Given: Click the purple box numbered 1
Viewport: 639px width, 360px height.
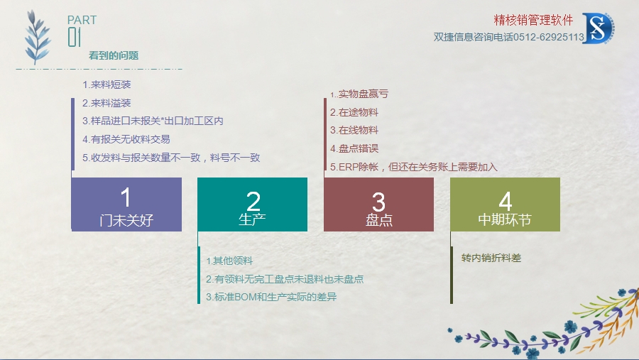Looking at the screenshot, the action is point(126,204).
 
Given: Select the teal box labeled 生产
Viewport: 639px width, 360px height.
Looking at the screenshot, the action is point(252,204).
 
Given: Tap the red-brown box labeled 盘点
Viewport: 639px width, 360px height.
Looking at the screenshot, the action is point(378,204).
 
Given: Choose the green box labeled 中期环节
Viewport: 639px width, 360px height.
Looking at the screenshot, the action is point(505,204).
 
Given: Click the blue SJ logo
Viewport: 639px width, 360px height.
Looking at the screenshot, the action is point(599,28).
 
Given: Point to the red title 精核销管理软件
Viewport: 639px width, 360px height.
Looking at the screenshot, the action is point(533,20).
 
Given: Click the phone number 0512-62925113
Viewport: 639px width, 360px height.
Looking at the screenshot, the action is point(549,37).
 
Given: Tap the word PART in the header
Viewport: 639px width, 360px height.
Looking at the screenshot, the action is point(82,20).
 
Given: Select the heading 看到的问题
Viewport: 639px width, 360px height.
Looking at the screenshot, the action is point(114,55).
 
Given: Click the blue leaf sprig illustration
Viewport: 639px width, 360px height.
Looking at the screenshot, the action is point(37,37).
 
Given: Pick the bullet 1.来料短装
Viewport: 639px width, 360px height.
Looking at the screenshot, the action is point(106,84).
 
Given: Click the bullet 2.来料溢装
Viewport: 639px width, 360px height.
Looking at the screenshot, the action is point(106,103).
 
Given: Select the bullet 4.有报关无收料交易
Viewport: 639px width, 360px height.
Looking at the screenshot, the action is point(126,139).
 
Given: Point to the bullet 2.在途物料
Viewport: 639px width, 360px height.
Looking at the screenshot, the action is point(354,112).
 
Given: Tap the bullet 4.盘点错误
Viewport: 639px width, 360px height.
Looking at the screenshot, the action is point(354,148).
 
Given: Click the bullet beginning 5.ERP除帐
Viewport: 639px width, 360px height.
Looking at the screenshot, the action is point(414,167).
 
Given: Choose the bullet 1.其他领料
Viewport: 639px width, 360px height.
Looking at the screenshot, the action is point(229,261).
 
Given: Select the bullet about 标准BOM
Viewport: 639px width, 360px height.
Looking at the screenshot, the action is point(271,297).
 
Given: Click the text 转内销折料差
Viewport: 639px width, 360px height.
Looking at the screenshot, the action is point(491,258).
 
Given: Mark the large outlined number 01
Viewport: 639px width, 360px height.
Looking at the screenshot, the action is point(74,37).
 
